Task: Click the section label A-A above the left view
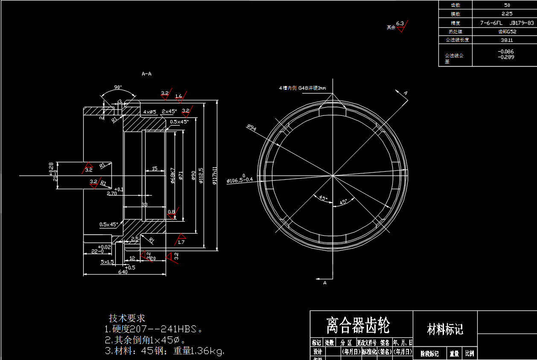coord(146,74)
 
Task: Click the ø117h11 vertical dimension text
coord(215,175)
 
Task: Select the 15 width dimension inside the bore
coord(155,168)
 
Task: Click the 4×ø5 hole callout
coord(150,111)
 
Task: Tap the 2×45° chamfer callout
coord(169,111)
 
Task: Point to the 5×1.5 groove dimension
coord(107,261)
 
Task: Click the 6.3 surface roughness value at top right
coord(400,23)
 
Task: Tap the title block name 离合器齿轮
coord(358,325)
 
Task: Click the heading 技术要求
coord(127,318)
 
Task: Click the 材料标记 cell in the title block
coord(445,329)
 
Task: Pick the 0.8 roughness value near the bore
coord(172,212)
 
